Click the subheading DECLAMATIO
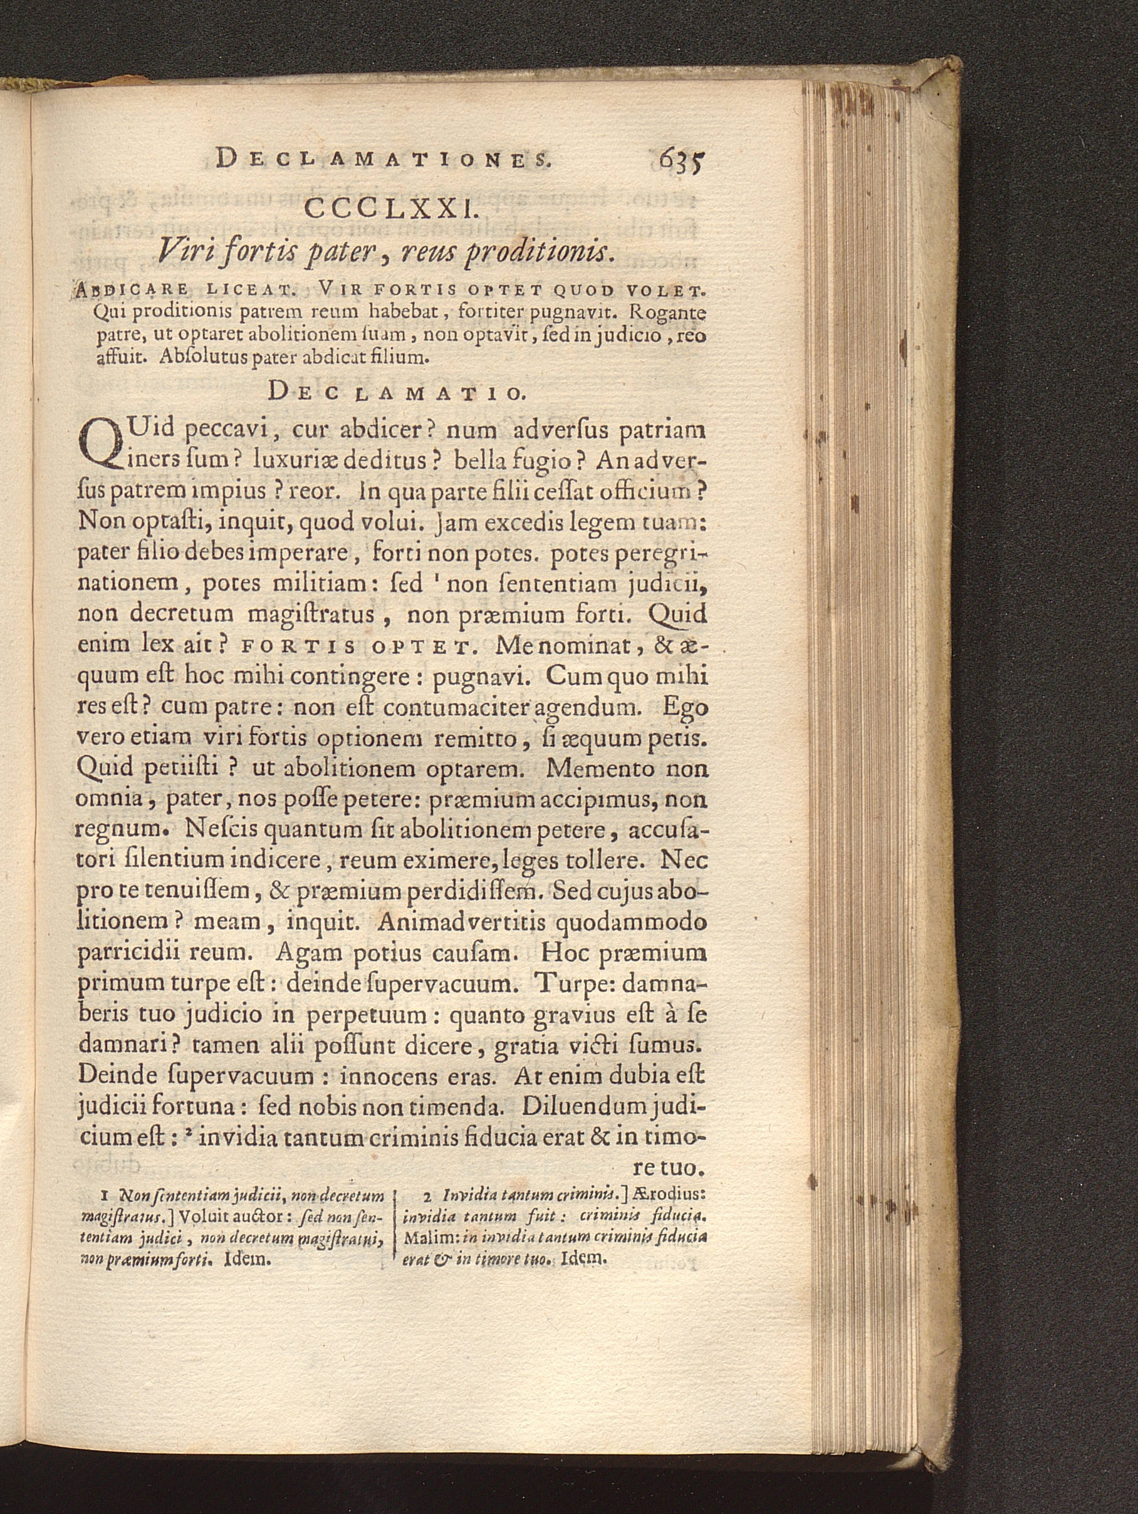(397, 392)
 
